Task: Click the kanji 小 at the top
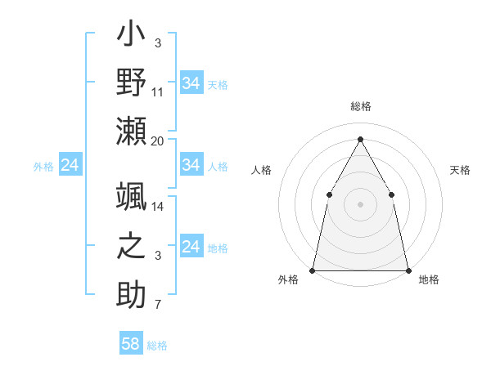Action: [x=132, y=36]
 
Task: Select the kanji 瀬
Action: [x=132, y=132]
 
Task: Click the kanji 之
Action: [x=132, y=247]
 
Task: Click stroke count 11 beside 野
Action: [x=158, y=92]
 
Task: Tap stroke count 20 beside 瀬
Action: [x=158, y=141]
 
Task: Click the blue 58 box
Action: [x=130, y=344]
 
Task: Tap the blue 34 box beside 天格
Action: [x=191, y=83]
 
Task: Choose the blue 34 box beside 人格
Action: [x=191, y=165]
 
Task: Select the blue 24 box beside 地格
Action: [x=191, y=247]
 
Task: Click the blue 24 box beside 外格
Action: [x=70, y=166]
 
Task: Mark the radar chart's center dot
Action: [x=360, y=204]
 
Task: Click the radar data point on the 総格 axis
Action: [x=360, y=139]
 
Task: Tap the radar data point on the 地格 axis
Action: [x=408, y=270]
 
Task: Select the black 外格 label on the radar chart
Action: [x=288, y=279]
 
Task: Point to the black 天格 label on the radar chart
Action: [x=460, y=170]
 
